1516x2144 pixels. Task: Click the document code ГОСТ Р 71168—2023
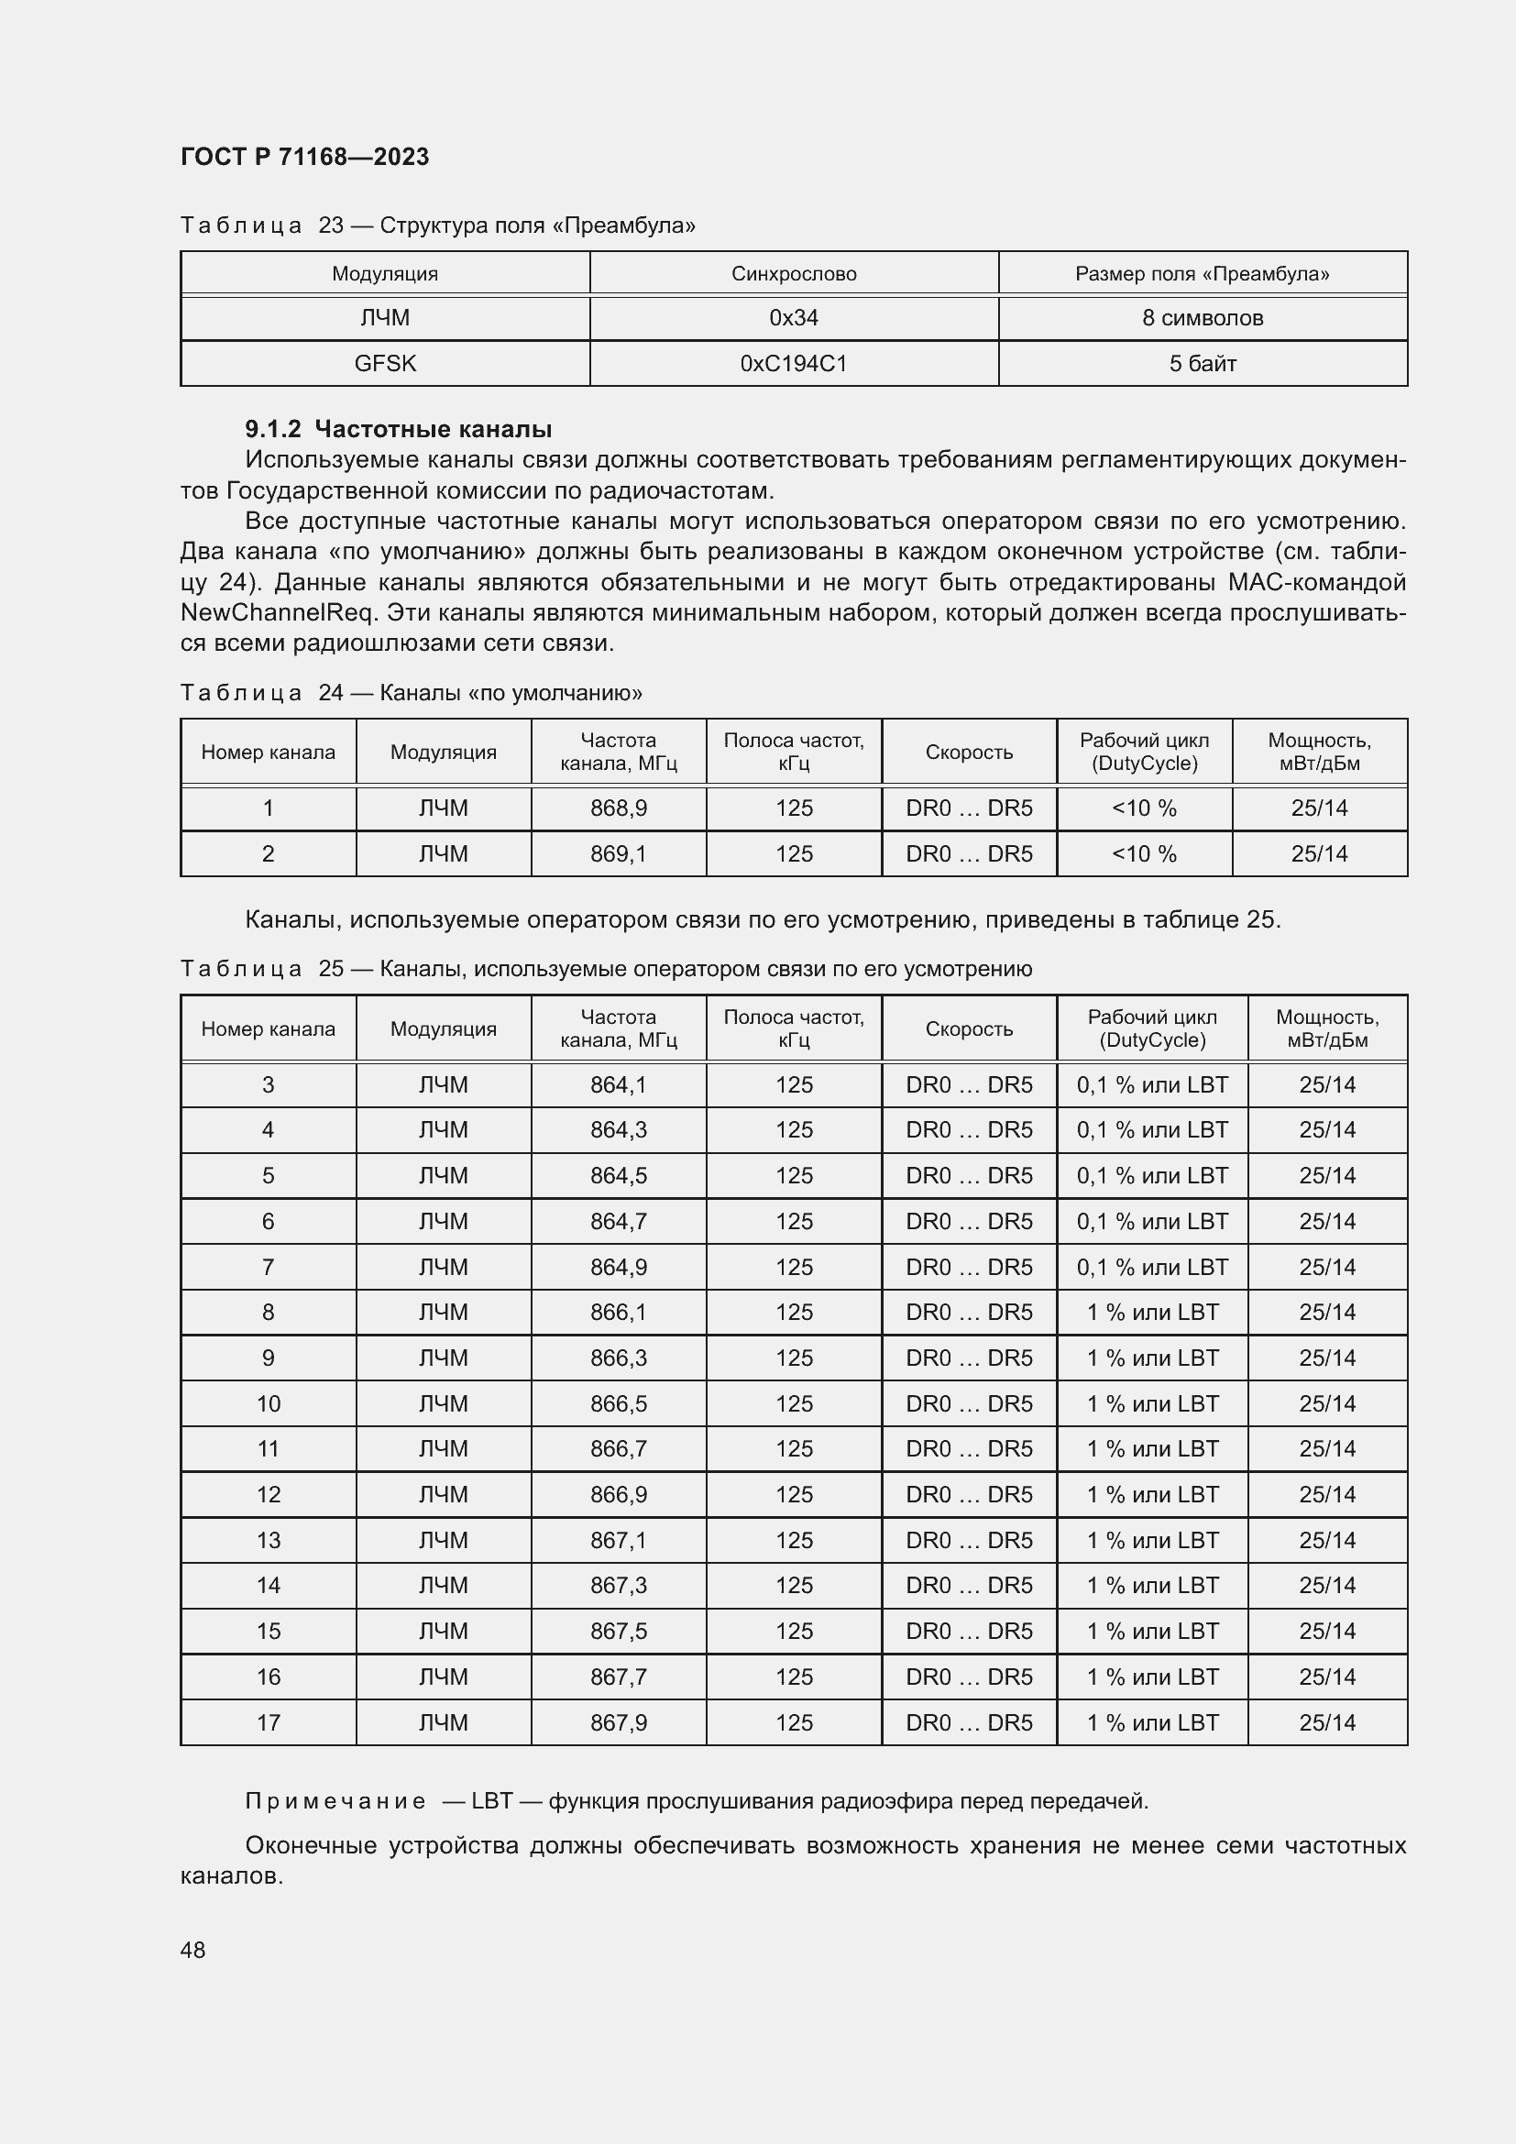coord(304,157)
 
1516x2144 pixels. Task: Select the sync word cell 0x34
coord(794,318)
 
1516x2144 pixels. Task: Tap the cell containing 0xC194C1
coord(794,363)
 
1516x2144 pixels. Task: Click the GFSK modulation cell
coord(385,363)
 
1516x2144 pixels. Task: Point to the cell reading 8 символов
coord(1203,318)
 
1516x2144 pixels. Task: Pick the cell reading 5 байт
coord(1203,363)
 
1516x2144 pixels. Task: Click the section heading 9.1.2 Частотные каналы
coord(399,430)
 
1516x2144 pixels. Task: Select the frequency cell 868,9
coord(618,808)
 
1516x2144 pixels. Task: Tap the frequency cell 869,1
coord(618,853)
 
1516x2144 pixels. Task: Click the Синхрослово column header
coord(794,273)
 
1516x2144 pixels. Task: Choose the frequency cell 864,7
coord(618,1221)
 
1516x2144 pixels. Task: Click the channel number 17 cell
coord(268,1723)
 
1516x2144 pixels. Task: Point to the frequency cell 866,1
coord(618,1312)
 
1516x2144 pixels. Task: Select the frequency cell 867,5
coord(618,1632)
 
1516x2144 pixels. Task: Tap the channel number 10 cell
coord(268,1403)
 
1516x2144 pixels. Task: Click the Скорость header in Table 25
coord(969,1029)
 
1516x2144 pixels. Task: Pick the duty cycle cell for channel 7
coord(1152,1267)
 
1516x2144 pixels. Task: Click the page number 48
coord(193,1950)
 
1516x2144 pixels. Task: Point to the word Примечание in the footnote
coord(335,1801)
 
